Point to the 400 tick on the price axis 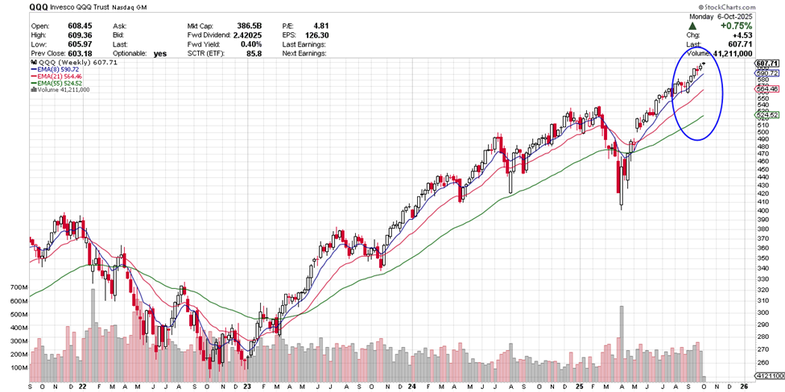coord(764,210)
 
